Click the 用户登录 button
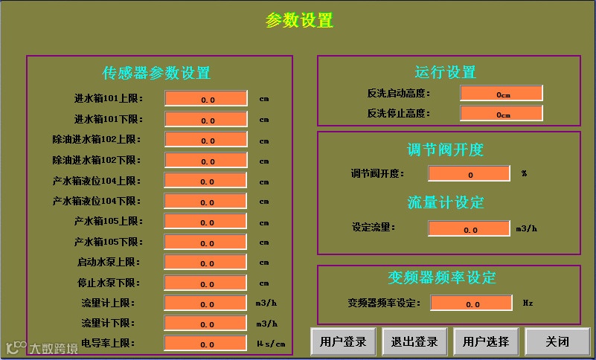[x=343, y=341]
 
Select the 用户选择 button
[x=486, y=341]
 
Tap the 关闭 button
[x=557, y=341]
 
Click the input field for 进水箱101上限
[x=205, y=99]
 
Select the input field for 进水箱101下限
[x=205, y=120]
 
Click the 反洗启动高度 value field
[x=501, y=94]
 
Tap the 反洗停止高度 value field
[x=501, y=114]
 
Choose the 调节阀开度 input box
[x=469, y=174]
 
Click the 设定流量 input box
[x=469, y=229]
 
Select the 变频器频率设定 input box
[x=471, y=303]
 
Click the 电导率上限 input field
[x=205, y=344]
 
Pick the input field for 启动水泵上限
[x=205, y=263]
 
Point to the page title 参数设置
[x=299, y=21]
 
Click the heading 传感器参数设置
[x=156, y=73]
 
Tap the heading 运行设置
[x=445, y=72]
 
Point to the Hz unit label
[x=528, y=303]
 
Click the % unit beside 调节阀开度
[x=524, y=174]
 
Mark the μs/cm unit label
[x=271, y=344]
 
